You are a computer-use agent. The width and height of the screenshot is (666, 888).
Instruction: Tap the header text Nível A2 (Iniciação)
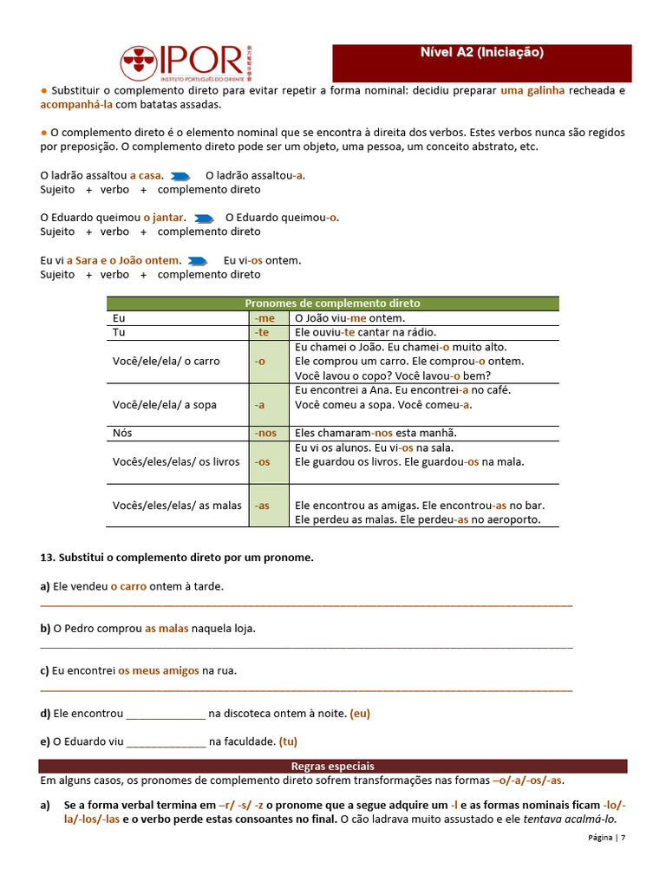tap(481, 53)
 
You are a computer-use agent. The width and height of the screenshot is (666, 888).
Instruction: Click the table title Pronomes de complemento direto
tap(332, 304)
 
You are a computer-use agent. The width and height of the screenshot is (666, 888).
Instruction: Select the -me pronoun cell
tap(266, 318)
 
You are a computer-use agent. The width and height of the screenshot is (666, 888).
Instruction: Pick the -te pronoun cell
tap(263, 332)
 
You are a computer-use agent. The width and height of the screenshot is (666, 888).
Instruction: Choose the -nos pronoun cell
tap(266, 433)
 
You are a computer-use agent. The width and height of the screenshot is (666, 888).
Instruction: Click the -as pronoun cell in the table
tap(263, 506)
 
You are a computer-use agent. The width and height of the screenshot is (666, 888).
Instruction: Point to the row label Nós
tap(122, 433)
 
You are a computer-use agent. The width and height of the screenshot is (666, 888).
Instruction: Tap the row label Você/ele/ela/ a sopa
tap(165, 405)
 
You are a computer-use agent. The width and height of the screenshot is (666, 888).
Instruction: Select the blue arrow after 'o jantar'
tap(205, 218)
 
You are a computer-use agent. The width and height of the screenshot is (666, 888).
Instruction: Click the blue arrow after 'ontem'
tap(198, 260)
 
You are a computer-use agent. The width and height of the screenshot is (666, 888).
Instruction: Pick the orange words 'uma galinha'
tap(532, 90)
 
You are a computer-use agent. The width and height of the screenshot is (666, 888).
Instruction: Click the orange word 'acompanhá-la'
tap(76, 105)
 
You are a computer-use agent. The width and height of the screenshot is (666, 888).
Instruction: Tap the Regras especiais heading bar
tap(332, 767)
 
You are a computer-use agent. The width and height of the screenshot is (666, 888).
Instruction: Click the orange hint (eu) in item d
tap(360, 714)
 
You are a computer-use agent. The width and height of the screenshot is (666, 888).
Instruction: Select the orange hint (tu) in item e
tap(288, 741)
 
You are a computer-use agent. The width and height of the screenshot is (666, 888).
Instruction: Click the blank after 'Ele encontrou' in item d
tap(166, 715)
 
